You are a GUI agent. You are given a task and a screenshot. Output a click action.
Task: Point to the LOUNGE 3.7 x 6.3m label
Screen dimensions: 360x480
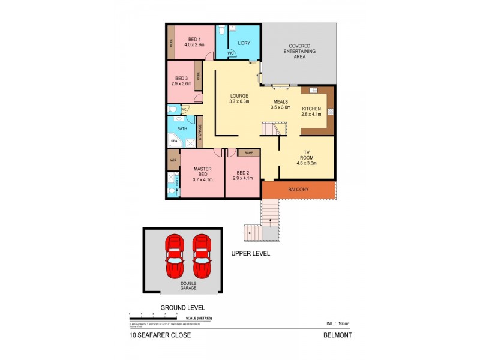[x=238, y=99]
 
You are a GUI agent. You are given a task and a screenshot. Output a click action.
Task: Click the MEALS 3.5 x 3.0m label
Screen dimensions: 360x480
[x=281, y=105]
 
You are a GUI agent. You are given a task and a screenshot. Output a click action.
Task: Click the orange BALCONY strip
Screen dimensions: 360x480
[x=298, y=190]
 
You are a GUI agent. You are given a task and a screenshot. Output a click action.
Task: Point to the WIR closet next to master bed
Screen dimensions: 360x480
[x=173, y=161]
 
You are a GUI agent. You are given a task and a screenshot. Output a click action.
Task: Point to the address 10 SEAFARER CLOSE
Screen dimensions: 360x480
[x=160, y=335]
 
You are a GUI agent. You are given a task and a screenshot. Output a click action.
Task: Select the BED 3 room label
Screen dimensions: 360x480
[x=182, y=81]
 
